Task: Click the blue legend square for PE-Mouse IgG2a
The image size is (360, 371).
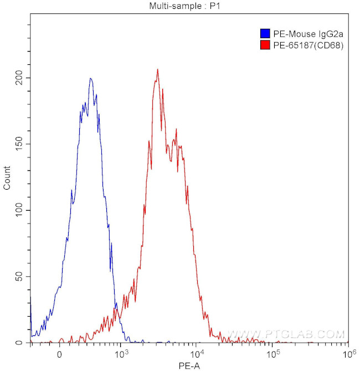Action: click(x=265, y=34)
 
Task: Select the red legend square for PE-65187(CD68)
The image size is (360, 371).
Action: click(x=265, y=46)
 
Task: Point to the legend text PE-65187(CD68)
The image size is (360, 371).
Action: click(x=308, y=46)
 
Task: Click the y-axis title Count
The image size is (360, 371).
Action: click(x=7, y=179)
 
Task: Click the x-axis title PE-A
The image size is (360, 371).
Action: click(x=189, y=365)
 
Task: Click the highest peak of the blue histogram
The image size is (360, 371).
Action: click(x=91, y=78)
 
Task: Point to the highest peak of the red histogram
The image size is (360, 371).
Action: click(x=158, y=69)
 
